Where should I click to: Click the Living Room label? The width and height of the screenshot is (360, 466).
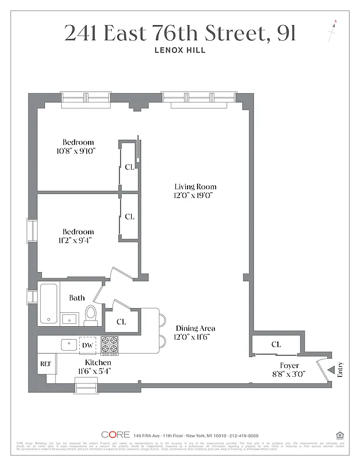[x=195, y=186]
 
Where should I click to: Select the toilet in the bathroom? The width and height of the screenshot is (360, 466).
[x=91, y=315]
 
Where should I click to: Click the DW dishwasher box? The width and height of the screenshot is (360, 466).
[x=88, y=345]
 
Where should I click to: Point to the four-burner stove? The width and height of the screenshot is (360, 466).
[x=110, y=345]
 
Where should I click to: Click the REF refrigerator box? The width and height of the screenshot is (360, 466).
[x=45, y=364]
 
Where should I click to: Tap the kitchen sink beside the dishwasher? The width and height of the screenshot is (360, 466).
[x=69, y=344]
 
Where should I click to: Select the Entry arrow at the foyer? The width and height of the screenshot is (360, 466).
[x=331, y=369]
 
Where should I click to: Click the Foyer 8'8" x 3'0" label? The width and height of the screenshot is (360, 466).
[x=290, y=369]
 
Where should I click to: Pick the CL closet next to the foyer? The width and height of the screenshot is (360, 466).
[x=276, y=344]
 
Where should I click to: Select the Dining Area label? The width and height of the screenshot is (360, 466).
[x=195, y=328]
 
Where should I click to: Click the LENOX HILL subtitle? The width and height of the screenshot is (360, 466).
[x=180, y=50]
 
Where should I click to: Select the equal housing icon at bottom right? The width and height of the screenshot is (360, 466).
[x=339, y=435]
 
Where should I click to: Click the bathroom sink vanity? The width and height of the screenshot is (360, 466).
[x=70, y=318]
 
